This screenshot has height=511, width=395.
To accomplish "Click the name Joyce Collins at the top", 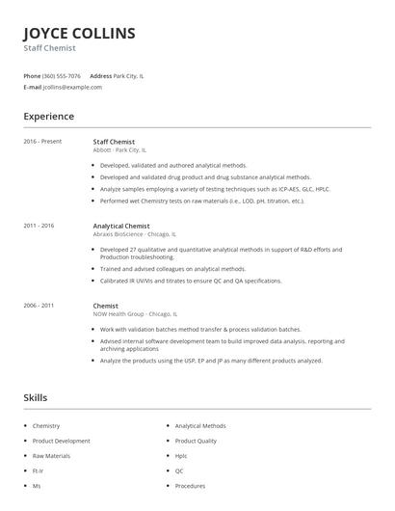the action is point(79,34).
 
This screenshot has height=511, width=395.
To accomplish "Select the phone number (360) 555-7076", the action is point(63,75).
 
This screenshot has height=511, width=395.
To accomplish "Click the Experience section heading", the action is point(48,117).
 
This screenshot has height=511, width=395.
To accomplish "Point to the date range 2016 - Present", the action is point(42,141).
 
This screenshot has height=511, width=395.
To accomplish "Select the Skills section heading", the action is point(35,397).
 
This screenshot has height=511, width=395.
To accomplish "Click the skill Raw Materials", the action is point(52,455).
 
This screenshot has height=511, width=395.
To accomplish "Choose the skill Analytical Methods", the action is point(200,425).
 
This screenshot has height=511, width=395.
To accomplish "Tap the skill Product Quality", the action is point(196,441).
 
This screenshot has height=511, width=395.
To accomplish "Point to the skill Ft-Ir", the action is point(39,471).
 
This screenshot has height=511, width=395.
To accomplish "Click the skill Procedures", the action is point(190,486).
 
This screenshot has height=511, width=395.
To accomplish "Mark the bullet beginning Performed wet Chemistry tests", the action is point(202,201).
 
